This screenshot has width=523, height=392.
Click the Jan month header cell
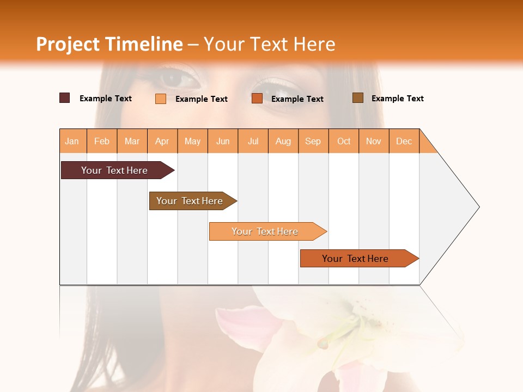pyautogui.click(x=72, y=141)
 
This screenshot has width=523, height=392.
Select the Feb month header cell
pyautogui.click(x=102, y=141)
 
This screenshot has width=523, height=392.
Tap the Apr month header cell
pyautogui.click(x=162, y=141)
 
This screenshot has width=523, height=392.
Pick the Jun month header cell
pyautogui.click(x=223, y=141)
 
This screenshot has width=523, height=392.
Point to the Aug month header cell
pyautogui.click(x=283, y=141)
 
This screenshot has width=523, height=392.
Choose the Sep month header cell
pyautogui.click(x=313, y=141)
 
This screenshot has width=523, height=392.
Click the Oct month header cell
pyautogui.click(x=344, y=141)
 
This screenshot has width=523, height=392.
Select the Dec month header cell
pyautogui.click(x=404, y=141)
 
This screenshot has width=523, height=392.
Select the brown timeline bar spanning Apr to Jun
pyautogui.click(x=191, y=201)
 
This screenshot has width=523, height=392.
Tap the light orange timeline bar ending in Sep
pyautogui.click(x=266, y=231)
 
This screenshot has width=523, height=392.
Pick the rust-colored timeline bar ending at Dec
pyautogui.click(x=357, y=259)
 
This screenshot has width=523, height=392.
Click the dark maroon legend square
pyautogui.click(x=65, y=98)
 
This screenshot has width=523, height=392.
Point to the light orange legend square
pyautogui.click(x=161, y=99)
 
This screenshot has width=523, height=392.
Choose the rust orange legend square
pyautogui.click(x=257, y=99)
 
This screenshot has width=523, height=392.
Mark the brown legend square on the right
pyautogui.click(x=358, y=98)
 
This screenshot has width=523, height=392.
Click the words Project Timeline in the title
pyautogui.click(x=110, y=44)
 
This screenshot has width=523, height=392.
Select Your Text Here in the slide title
pyautogui.click(x=270, y=44)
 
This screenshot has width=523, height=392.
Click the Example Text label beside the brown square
pyautogui.click(x=397, y=99)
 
